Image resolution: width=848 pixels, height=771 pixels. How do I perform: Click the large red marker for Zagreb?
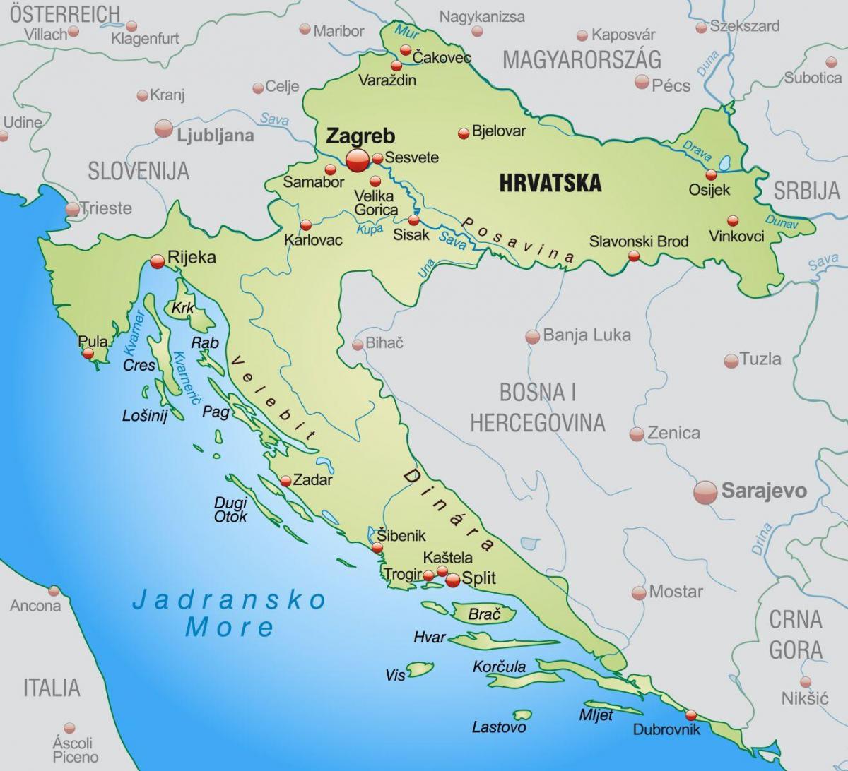tap(358, 160)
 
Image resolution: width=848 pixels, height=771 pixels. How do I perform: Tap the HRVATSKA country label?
tap(550, 182)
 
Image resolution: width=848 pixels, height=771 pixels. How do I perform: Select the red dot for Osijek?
tap(711, 175)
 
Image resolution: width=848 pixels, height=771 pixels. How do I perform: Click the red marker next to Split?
tap(452, 580)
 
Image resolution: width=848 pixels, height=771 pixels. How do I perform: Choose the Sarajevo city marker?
tap(705, 492)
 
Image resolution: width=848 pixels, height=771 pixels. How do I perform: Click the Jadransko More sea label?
tap(230, 613)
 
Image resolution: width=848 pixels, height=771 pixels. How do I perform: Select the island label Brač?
tap(483, 614)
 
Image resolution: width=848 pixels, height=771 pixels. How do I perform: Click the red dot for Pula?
tap(88, 354)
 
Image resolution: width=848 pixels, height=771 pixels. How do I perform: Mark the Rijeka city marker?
tap(157, 262)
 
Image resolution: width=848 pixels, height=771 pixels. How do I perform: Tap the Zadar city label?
tap(312, 480)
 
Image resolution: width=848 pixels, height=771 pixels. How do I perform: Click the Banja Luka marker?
tap(533, 337)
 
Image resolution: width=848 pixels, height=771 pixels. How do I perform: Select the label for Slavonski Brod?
tap(638, 241)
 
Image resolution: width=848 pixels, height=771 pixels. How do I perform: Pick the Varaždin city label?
tap(387, 80)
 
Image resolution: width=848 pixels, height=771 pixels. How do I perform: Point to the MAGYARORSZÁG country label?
tap(582, 59)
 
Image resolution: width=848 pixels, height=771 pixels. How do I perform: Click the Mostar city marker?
tap(639, 592)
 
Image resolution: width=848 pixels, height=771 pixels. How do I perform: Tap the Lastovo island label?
tap(499, 727)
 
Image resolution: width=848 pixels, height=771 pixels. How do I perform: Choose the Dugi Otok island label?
tap(230, 510)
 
